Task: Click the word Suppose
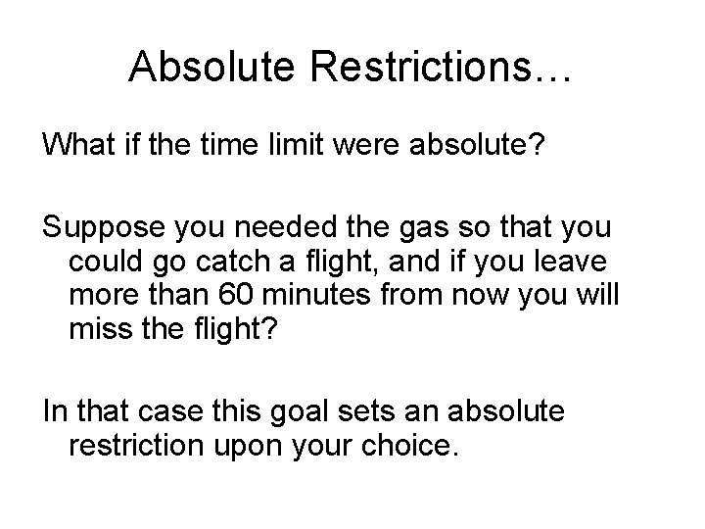coord(95,229)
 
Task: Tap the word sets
coord(405,411)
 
